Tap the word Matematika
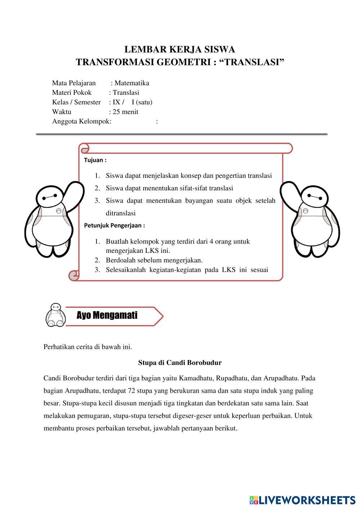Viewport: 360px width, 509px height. click(132, 83)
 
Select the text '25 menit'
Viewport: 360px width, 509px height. click(125, 112)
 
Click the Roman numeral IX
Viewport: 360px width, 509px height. click(117, 102)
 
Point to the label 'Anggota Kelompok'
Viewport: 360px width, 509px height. click(81, 121)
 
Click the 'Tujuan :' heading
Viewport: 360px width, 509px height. click(95, 160)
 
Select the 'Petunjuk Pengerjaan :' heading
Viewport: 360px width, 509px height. click(114, 226)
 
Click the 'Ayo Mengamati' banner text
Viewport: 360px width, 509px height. click(107, 315)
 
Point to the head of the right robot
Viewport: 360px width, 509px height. click(310, 196)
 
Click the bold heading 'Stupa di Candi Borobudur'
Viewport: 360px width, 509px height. click(180, 363)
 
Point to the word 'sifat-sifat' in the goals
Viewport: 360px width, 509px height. click(194, 188)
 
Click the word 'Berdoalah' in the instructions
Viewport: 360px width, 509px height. click(120, 260)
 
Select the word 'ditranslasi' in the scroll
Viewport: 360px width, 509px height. click(121, 213)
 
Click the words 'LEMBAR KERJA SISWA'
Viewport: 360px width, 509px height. click(180, 49)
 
